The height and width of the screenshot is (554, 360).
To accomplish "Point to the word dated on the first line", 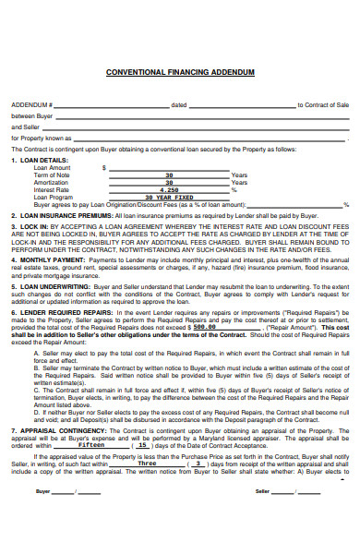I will pos(179,105).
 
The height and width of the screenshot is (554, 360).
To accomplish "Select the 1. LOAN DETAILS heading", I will pos(40,160).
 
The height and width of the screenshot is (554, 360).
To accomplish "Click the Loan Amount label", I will pos(52,167).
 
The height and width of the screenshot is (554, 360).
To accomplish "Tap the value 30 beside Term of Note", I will pos(169,175).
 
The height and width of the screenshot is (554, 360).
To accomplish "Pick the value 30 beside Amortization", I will pos(169,182).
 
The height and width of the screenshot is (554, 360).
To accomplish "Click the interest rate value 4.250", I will pos(169,189).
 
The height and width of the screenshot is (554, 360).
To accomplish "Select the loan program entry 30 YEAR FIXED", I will pos(169,197).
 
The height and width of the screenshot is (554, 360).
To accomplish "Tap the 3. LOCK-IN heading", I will pos(30,225).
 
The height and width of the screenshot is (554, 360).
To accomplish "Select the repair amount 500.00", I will pos(202,327).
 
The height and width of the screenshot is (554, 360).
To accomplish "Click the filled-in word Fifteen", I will pos(91,418).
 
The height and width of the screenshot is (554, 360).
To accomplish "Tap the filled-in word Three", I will pos(147,437).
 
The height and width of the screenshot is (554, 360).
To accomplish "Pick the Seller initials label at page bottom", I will pos(261,491).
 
